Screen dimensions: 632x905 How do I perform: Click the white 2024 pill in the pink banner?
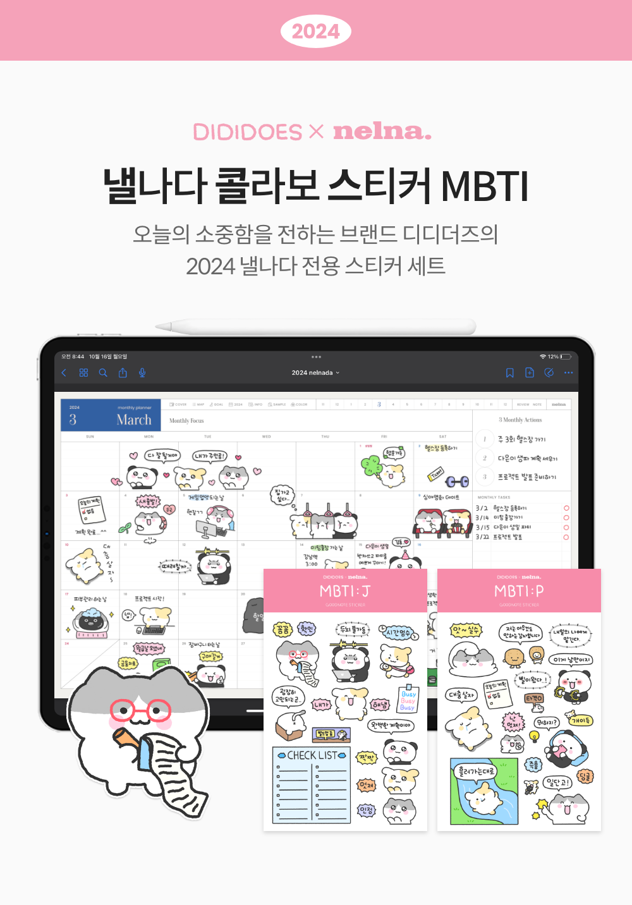click(x=315, y=31)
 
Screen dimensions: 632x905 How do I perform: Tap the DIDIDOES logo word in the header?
click(x=247, y=132)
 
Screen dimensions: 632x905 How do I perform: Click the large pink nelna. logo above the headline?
click(x=382, y=131)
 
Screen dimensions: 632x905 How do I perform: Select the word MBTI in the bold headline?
click(x=484, y=186)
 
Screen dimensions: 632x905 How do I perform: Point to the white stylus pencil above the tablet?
click(x=316, y=326)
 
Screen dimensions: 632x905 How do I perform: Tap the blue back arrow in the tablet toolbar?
click(x=64, y=373)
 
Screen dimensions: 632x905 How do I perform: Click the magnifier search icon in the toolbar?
click(x=103, y=373)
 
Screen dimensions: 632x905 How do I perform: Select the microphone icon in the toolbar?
click(x=142, y=373)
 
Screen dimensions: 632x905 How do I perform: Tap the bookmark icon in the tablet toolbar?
click(x=509, y=373)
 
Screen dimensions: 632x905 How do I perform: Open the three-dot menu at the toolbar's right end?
click(x=568, y=373)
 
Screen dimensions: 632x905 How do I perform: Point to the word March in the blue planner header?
click(x=134, y=420)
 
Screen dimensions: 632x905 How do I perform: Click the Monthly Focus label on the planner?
click(x=186, y=420)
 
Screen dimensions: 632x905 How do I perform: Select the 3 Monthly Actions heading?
click(x=520, y=420)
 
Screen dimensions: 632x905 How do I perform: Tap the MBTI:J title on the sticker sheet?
click(x=345, y=591)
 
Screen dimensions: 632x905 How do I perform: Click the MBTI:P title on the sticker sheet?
click(x=519, y=591)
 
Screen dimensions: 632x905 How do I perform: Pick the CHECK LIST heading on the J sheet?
click(x=312, y=755)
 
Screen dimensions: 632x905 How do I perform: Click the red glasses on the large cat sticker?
click(x=140, y=710)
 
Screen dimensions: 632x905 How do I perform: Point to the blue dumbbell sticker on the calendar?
click(x=457, y=482)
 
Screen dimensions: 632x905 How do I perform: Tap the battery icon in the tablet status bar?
click(x=566, y=356)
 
